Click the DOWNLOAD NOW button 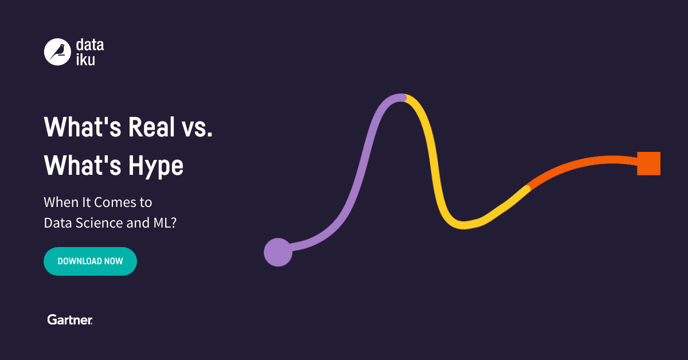click(90, 261)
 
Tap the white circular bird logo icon click(57, 52)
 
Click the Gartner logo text click(70, 320)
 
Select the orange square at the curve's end click(649, 163)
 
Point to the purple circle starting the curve click(278, 252)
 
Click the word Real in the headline click(151, 127)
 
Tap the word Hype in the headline click(156, 166)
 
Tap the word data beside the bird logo click(90, 45)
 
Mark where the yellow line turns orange click(528, 187)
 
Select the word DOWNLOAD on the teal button click(79, 261)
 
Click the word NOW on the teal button click(114, 261)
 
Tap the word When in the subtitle click(60, 202)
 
